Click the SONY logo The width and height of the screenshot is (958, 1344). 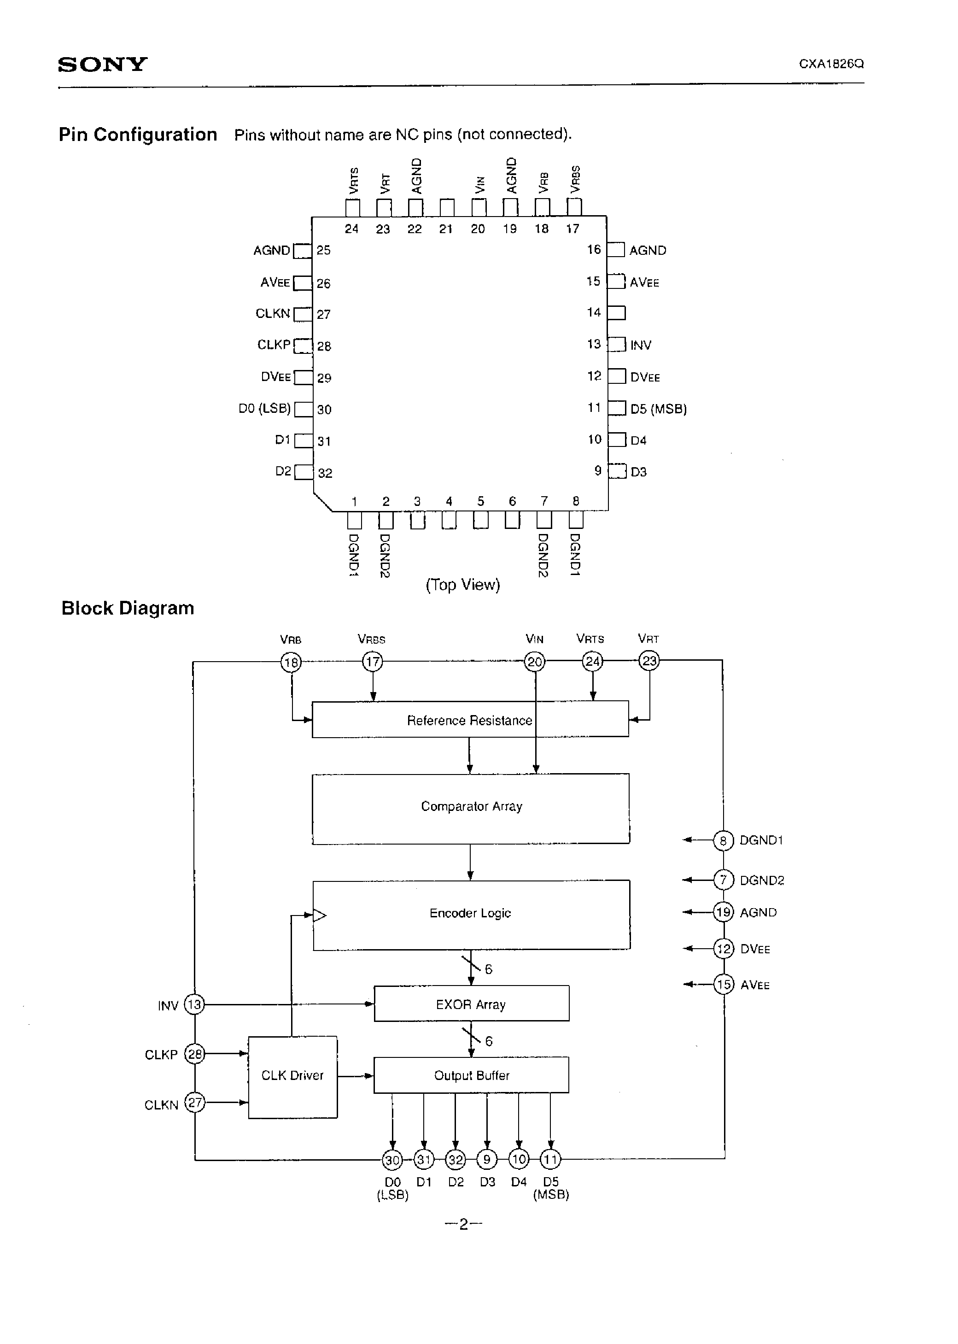click(x=103, y=65)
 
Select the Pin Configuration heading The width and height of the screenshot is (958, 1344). click(x=138, y=135)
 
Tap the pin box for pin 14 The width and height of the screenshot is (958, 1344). click(x=616, y=313)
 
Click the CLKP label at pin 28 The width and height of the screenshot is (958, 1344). click(x=274, y=345)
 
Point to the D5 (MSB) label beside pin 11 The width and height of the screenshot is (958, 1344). click(x=658, y=409)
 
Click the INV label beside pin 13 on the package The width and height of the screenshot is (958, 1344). click(x=641, y=345)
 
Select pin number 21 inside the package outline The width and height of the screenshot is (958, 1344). click(x=446, y=229)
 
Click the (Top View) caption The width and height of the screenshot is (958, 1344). click(x=462, y=585)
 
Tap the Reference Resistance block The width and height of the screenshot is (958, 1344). click(x=470, y=720)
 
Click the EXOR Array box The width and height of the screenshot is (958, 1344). click(x=471, y=1004)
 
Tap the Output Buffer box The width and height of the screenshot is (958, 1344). click(x=471, y=1075)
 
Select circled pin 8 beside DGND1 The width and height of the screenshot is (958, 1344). click(x=723, y=840)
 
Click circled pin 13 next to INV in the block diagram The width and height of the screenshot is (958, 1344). click(x=194, y=1004)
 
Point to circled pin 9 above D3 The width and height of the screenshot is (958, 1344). click(x=487, y=1160)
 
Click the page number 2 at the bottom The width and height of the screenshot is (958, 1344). click(x=464, y=1224)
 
